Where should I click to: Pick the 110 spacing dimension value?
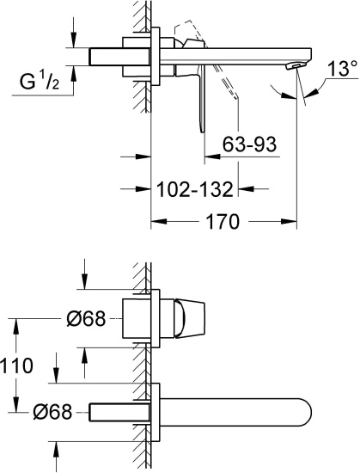[17, 365]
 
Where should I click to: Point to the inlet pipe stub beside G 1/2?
[107, 55]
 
